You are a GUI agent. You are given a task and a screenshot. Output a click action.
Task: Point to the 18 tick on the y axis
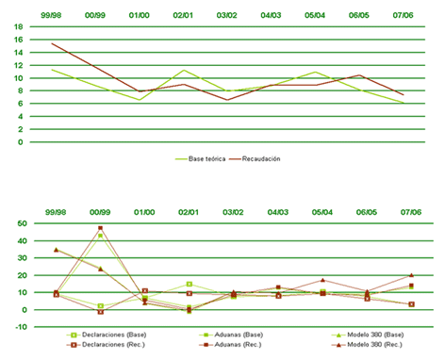[x=17, y=26]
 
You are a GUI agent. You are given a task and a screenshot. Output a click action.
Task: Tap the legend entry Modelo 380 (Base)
[x=340, y=335]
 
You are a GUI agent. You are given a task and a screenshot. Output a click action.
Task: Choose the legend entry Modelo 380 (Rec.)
[x=340, y=344]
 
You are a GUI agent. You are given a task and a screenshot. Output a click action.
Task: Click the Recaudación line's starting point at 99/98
[x=52, y=43]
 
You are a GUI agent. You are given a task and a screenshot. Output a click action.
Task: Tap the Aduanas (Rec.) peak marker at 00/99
[x=100, y=228]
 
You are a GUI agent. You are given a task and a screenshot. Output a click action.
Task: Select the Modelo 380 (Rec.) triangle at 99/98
[x=56, y=250]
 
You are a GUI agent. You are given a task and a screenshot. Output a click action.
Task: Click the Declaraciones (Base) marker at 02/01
[x=190, y=284]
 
